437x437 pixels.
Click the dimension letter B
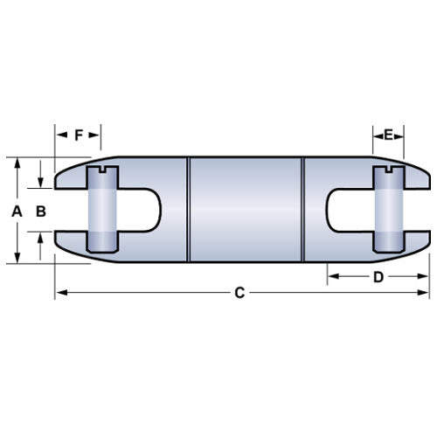pyautogui.click(x=39, y=211)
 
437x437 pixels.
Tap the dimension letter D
pyautogui.click(x=378, y=277)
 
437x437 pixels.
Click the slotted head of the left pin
pyautogui.click(x=101, y=170)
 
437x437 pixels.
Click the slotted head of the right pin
pyautogui.click(x=388, y=170)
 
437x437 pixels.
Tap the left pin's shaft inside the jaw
pyautogui.click(x=101, y=211)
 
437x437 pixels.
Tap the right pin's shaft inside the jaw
pyautogui.click(x=388, y=211)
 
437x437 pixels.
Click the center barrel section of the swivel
pyautogui.click(x=246, y=211)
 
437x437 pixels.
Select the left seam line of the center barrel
pyautogui.click(x=190, y=211)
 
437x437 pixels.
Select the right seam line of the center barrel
pyautogui.click(x=302, y=211)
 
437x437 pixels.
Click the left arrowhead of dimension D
pyautogui.click(x=333, y=277)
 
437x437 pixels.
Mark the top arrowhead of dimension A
pyautogui.click(x=17, y=163)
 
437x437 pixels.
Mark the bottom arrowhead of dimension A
pyautogui.click(x=17, y=258)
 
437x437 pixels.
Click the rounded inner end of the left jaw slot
pyautogui.click(x=156, y=211)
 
